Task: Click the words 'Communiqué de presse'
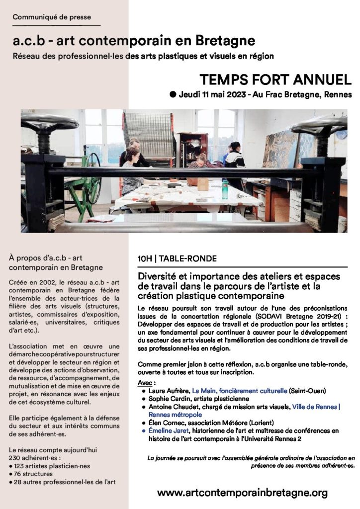[x=52, y=17]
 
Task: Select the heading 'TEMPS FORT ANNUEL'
[x=275, y=80]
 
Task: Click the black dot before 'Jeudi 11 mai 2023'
[x=173, y=94]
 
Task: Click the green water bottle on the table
[x=225, y=188]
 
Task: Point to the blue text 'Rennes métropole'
[x=169, y=414]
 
